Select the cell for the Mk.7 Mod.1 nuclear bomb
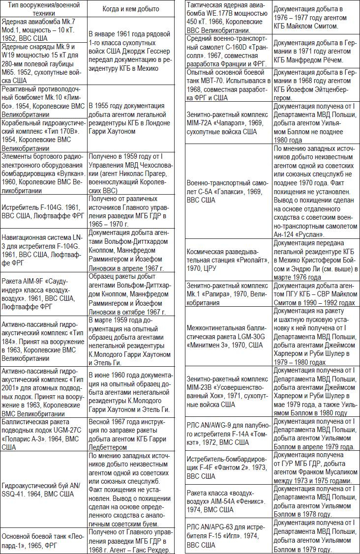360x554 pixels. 43,31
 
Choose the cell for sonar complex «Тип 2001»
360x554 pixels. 43,391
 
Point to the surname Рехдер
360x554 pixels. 156,550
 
